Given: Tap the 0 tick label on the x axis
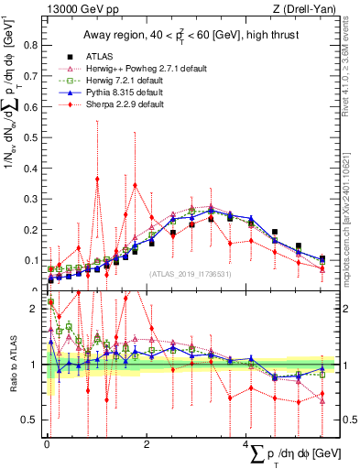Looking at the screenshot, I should click(47, 444).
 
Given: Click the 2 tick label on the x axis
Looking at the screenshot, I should click(147, 444).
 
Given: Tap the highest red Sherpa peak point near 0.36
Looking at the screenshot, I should click(97, 179).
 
